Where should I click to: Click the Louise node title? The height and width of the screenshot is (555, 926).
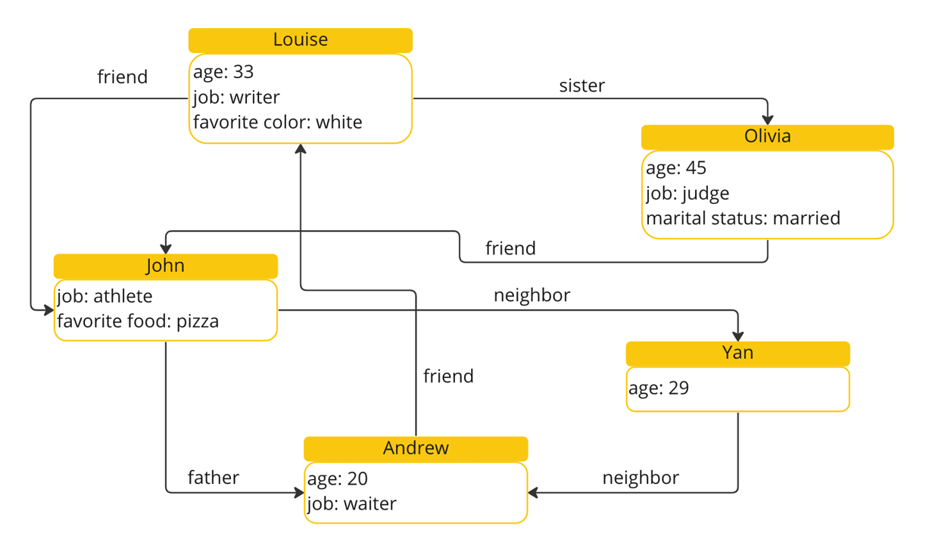301,40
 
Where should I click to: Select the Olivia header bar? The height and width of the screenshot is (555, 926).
767,136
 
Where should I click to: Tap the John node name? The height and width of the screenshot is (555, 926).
165,266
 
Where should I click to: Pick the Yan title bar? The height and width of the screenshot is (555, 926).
737,353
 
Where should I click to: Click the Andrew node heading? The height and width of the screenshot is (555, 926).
416,448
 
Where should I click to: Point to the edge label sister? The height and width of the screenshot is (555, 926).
581,86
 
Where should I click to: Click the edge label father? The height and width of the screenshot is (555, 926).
213,478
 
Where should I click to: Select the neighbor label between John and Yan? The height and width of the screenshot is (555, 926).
532,295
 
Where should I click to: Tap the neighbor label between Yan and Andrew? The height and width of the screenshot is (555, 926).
641,478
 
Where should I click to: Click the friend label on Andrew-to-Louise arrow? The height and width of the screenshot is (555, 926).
448,376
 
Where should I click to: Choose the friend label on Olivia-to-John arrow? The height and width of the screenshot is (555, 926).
510,248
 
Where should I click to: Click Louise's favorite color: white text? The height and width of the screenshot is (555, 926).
277,122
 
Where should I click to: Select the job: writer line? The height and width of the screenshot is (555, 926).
236,97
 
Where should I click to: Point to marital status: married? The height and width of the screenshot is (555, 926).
743,218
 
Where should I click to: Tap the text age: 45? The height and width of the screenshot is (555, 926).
676,168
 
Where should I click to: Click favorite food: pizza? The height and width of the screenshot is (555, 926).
138,321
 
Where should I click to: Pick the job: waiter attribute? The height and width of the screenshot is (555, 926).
351,504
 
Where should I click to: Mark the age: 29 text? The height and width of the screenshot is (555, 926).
659,388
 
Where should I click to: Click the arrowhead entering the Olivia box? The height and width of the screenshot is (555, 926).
768,120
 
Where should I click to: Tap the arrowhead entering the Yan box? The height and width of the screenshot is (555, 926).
738,336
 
